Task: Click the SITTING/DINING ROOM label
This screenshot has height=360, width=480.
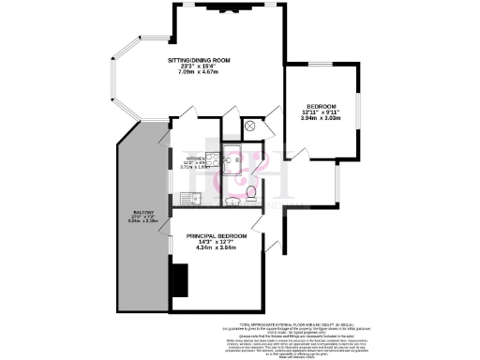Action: (x=199, y=61)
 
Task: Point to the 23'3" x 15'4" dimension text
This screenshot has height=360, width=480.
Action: (x=199, y=67)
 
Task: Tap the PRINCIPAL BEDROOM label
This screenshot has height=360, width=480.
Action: (x=217, y=235)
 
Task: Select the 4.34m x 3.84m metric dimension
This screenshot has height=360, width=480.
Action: (x=217, y=248)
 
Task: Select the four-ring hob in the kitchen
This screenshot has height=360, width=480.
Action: (x=213, y=159)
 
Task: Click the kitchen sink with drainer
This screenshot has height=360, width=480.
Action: (x=190, y=198)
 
